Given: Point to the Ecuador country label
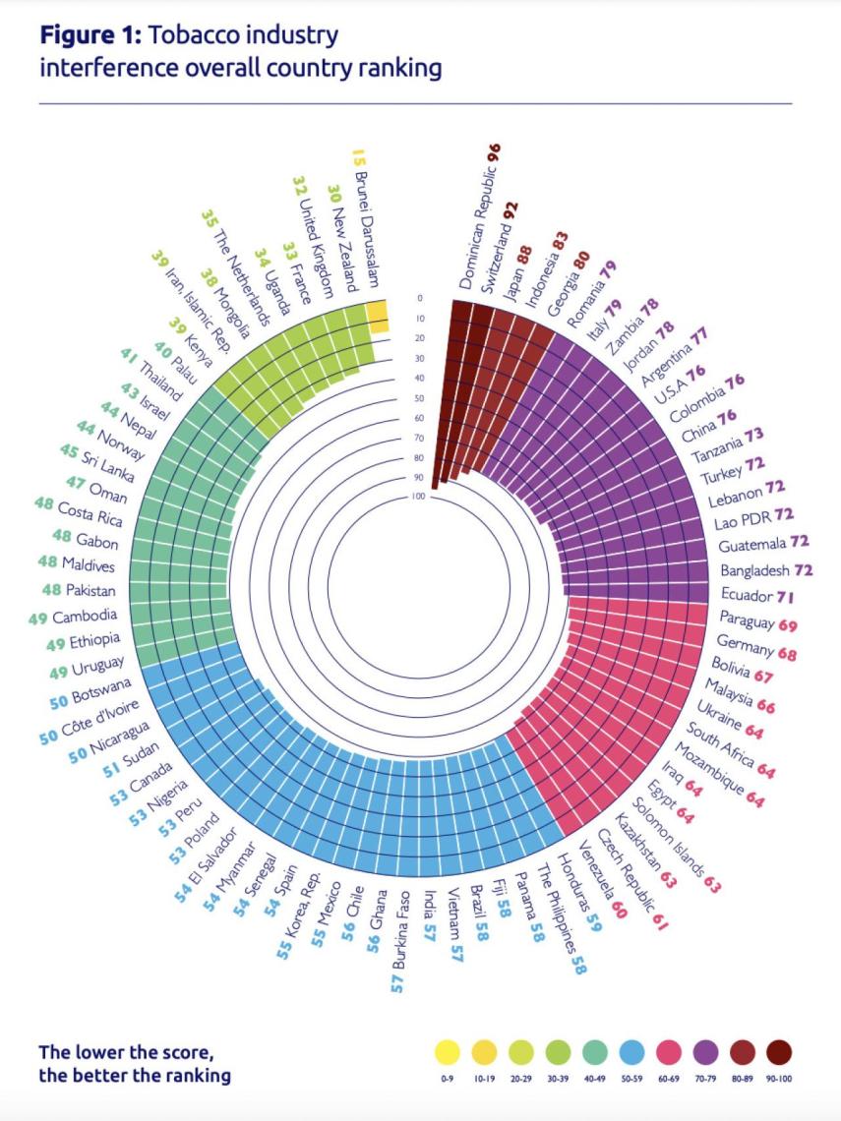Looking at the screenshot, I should [747, 595].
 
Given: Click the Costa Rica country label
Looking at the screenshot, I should [90, 514].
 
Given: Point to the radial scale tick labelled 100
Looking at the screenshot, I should [418, 498].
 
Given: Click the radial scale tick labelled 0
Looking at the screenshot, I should [418, 298].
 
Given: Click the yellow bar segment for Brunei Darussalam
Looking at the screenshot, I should [377, 318].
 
